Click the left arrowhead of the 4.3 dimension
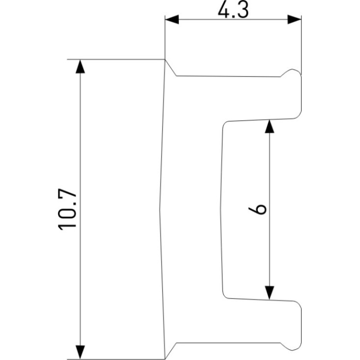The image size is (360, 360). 171,20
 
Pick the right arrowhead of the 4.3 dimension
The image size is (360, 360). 294,20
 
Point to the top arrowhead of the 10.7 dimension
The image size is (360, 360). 79,67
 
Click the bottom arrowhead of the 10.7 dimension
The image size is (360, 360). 79,352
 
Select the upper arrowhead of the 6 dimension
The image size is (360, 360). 268,127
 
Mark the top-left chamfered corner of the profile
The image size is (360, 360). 170,67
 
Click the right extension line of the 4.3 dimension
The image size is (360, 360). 301,44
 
